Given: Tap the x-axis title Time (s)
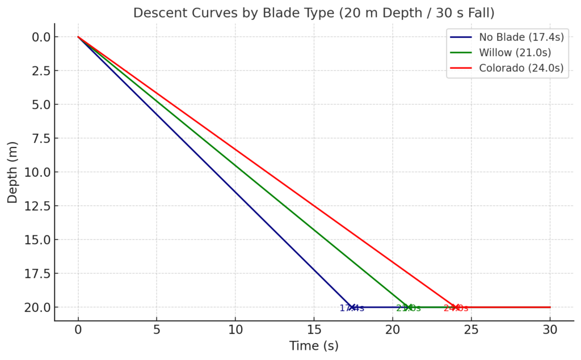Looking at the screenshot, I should (314, 346).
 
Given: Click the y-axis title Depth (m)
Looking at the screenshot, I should (12, 172).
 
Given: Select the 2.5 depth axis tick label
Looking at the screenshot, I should (40, 71).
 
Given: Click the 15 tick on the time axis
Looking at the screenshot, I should (314, 329).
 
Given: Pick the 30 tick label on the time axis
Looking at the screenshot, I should (550, 329).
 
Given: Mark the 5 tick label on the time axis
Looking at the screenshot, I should (157, 329).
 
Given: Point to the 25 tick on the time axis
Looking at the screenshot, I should (471, 329).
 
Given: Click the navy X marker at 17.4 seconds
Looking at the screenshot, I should (352, 307).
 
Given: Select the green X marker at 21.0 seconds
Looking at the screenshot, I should (408, 307).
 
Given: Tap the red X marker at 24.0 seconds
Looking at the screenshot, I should (455, 307).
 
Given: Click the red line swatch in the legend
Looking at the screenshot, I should (461, 68).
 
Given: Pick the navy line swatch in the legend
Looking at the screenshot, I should (461, 37).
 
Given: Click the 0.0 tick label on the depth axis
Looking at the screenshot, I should (40, 37).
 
